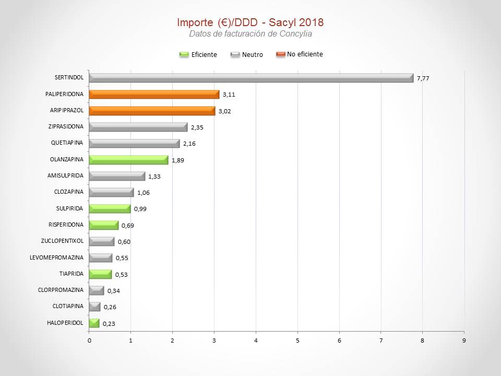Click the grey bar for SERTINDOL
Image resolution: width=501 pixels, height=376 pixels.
[250, 78]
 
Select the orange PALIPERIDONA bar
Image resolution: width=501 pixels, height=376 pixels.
[154, 95]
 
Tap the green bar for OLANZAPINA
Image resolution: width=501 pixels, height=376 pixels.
[128, 160]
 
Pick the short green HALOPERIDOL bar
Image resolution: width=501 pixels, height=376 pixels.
[94, 323]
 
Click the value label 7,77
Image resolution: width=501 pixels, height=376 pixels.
[423, 78]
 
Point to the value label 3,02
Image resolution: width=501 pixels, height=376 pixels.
[224, 111]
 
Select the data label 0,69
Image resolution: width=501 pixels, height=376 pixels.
[127, 226]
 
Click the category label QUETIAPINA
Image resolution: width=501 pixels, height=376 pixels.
[67, 143]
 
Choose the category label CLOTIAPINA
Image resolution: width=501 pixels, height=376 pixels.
[68, 306]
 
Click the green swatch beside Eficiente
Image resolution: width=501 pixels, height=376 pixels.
[184, 54]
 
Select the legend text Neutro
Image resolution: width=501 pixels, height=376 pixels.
[253, 54]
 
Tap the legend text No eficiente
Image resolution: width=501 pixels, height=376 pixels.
[305, 54]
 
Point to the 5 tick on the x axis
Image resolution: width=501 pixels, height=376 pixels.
[297, 340]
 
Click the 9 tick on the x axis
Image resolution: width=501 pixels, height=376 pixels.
[464, 340]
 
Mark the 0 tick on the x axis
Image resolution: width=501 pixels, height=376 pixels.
[89, 340]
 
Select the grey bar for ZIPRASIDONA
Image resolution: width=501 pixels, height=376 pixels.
[138, 127]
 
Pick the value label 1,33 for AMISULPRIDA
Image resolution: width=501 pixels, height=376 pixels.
[154, 177]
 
